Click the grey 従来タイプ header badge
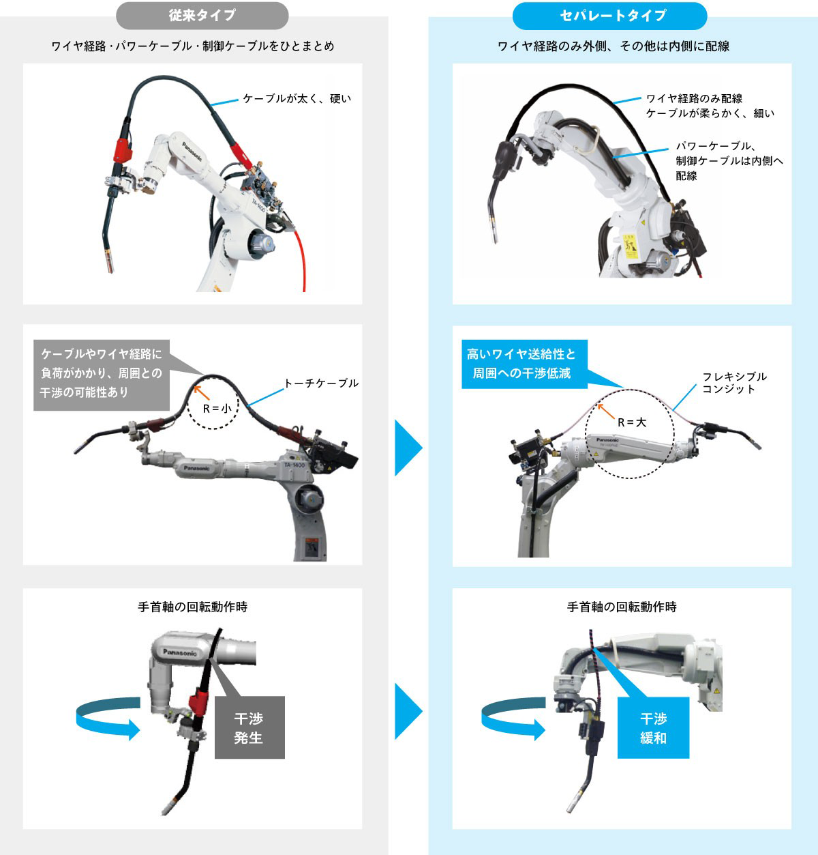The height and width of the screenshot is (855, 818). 202,15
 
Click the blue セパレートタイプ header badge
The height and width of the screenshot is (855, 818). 612,15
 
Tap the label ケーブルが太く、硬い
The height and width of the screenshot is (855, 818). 297,98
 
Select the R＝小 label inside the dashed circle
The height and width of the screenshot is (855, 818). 216,408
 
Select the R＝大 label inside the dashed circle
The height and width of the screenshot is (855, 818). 631,422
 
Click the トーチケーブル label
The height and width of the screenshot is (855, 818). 320,383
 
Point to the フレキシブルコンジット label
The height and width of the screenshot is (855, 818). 734,382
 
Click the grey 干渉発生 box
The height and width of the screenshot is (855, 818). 249,727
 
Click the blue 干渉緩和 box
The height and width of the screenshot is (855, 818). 653,727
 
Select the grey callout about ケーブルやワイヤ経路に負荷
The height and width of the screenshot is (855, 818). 101,373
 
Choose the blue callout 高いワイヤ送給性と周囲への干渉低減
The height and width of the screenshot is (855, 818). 524,364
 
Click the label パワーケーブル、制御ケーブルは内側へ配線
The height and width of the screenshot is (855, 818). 728,160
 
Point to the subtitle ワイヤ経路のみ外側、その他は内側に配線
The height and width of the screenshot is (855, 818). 613,46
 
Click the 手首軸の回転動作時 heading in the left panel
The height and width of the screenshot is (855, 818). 192,607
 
